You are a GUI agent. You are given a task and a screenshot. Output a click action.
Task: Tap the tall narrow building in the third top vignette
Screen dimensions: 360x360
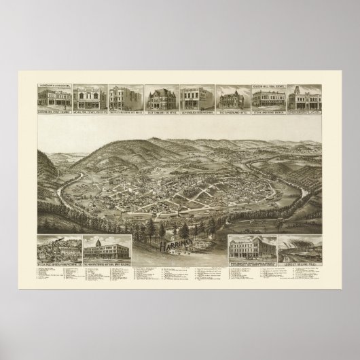tap(124, 97)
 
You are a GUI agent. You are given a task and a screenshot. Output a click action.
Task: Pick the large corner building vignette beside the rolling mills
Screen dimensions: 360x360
tap(254, 247)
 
